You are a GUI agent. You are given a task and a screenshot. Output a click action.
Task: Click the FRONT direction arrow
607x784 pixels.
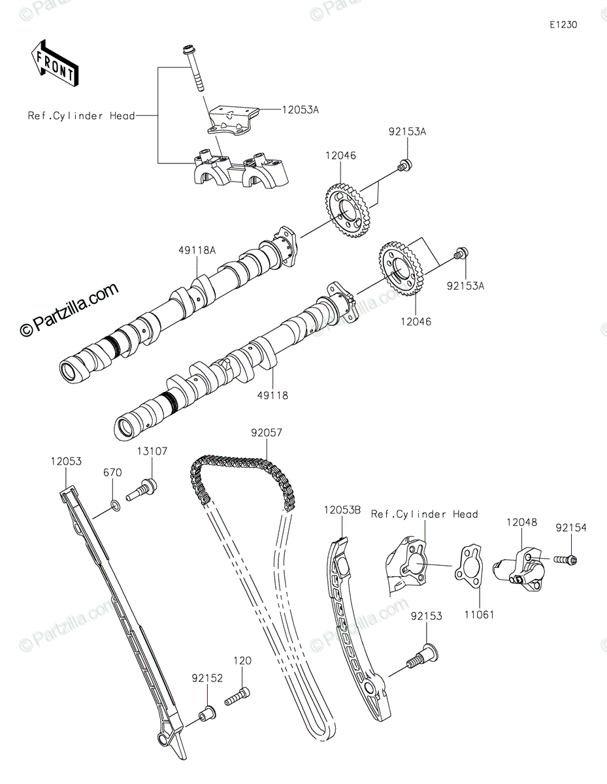point(54,63)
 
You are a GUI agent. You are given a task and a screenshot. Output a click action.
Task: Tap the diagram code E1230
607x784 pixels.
point(563,25)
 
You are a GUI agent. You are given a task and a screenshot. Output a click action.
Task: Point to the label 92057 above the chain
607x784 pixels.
point(267,432)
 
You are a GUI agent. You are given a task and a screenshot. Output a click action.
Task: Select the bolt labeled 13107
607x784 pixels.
point(141,488)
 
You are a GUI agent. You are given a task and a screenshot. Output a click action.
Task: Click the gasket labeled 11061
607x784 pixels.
point(471,568)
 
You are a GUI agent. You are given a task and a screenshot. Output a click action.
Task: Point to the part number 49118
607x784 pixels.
point(272,395)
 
